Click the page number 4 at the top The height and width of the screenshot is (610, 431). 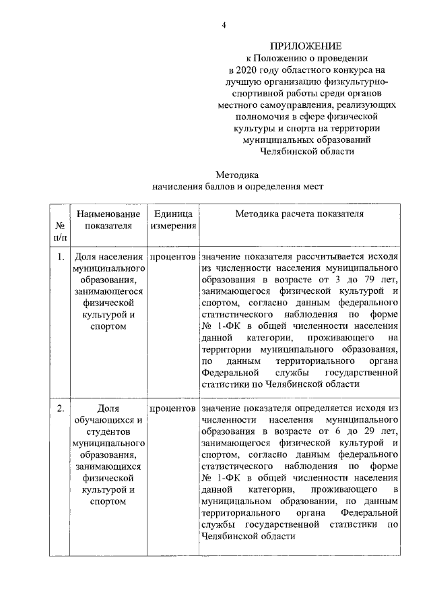[x=225, y=25]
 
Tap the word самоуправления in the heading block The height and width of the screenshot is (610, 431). [x=297, y=105]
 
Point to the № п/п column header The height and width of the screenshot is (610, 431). [x=60, y=232]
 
